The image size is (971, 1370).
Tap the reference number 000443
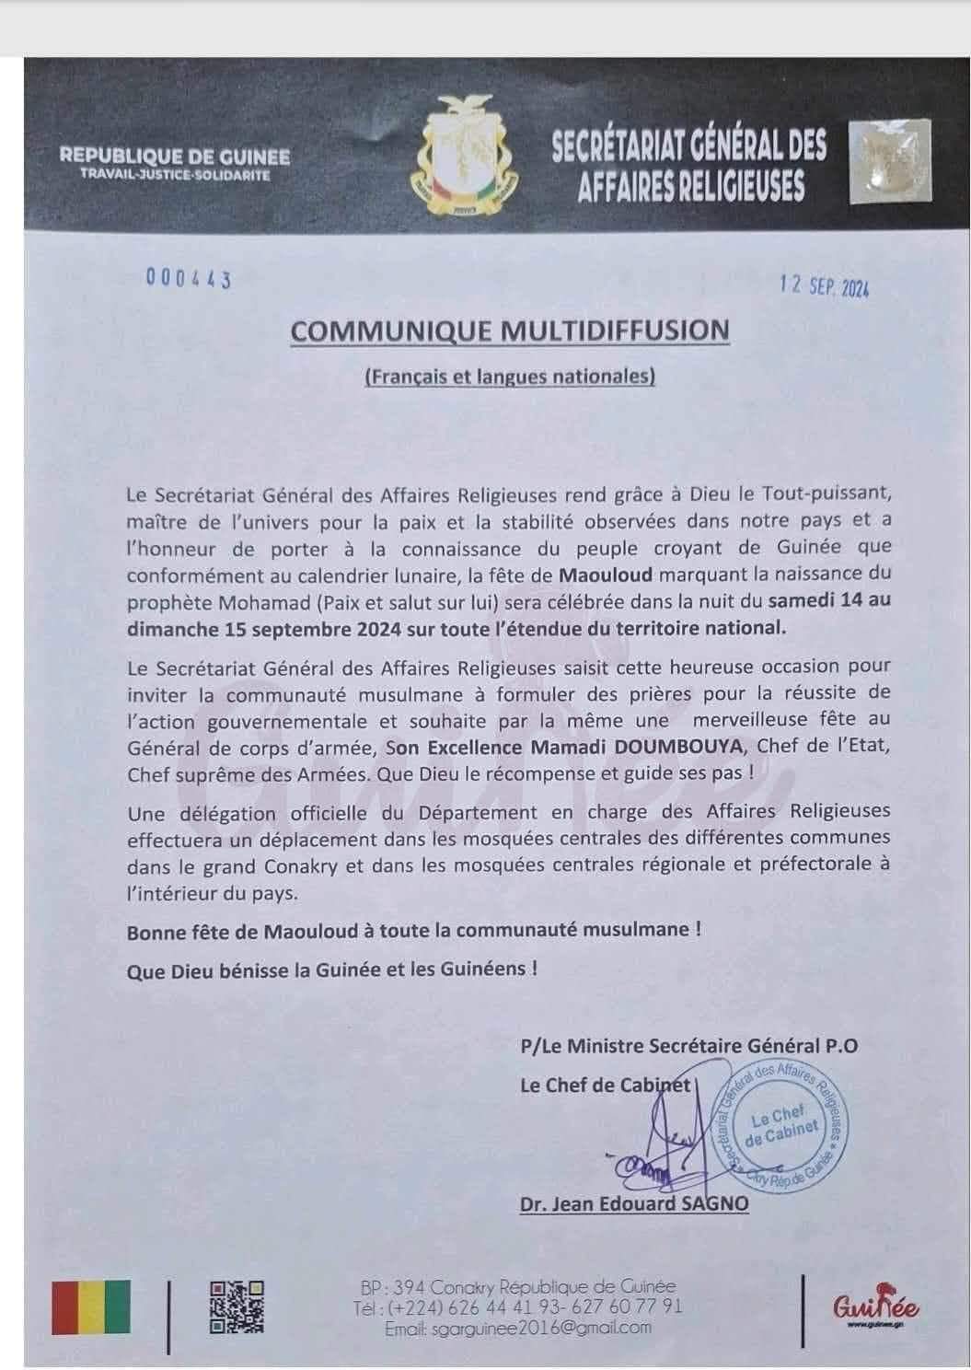coord(188,279)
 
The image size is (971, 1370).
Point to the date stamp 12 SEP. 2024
coord(823,286)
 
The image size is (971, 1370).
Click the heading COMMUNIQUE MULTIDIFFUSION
coord(510,331)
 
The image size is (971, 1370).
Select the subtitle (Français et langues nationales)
coord(510,376)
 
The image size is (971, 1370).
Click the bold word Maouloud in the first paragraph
coord(605,575)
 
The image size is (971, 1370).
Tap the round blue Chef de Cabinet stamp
coord(781,1125)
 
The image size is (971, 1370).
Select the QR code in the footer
coord(237,1307)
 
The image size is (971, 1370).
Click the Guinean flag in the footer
coord(91,1308)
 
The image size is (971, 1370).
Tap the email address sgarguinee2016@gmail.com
coord(518,1328)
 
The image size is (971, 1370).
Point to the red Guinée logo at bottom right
coord(876,1307)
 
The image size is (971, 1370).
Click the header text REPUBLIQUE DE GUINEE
coord(175,157)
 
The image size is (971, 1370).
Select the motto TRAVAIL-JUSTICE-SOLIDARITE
coord(175,174)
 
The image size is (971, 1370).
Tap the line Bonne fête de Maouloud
coord(414,930)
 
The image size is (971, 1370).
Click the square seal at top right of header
coord(889,160)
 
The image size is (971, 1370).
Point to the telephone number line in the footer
coord(518,1306)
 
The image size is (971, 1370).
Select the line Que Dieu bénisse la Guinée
coord(331,969)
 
